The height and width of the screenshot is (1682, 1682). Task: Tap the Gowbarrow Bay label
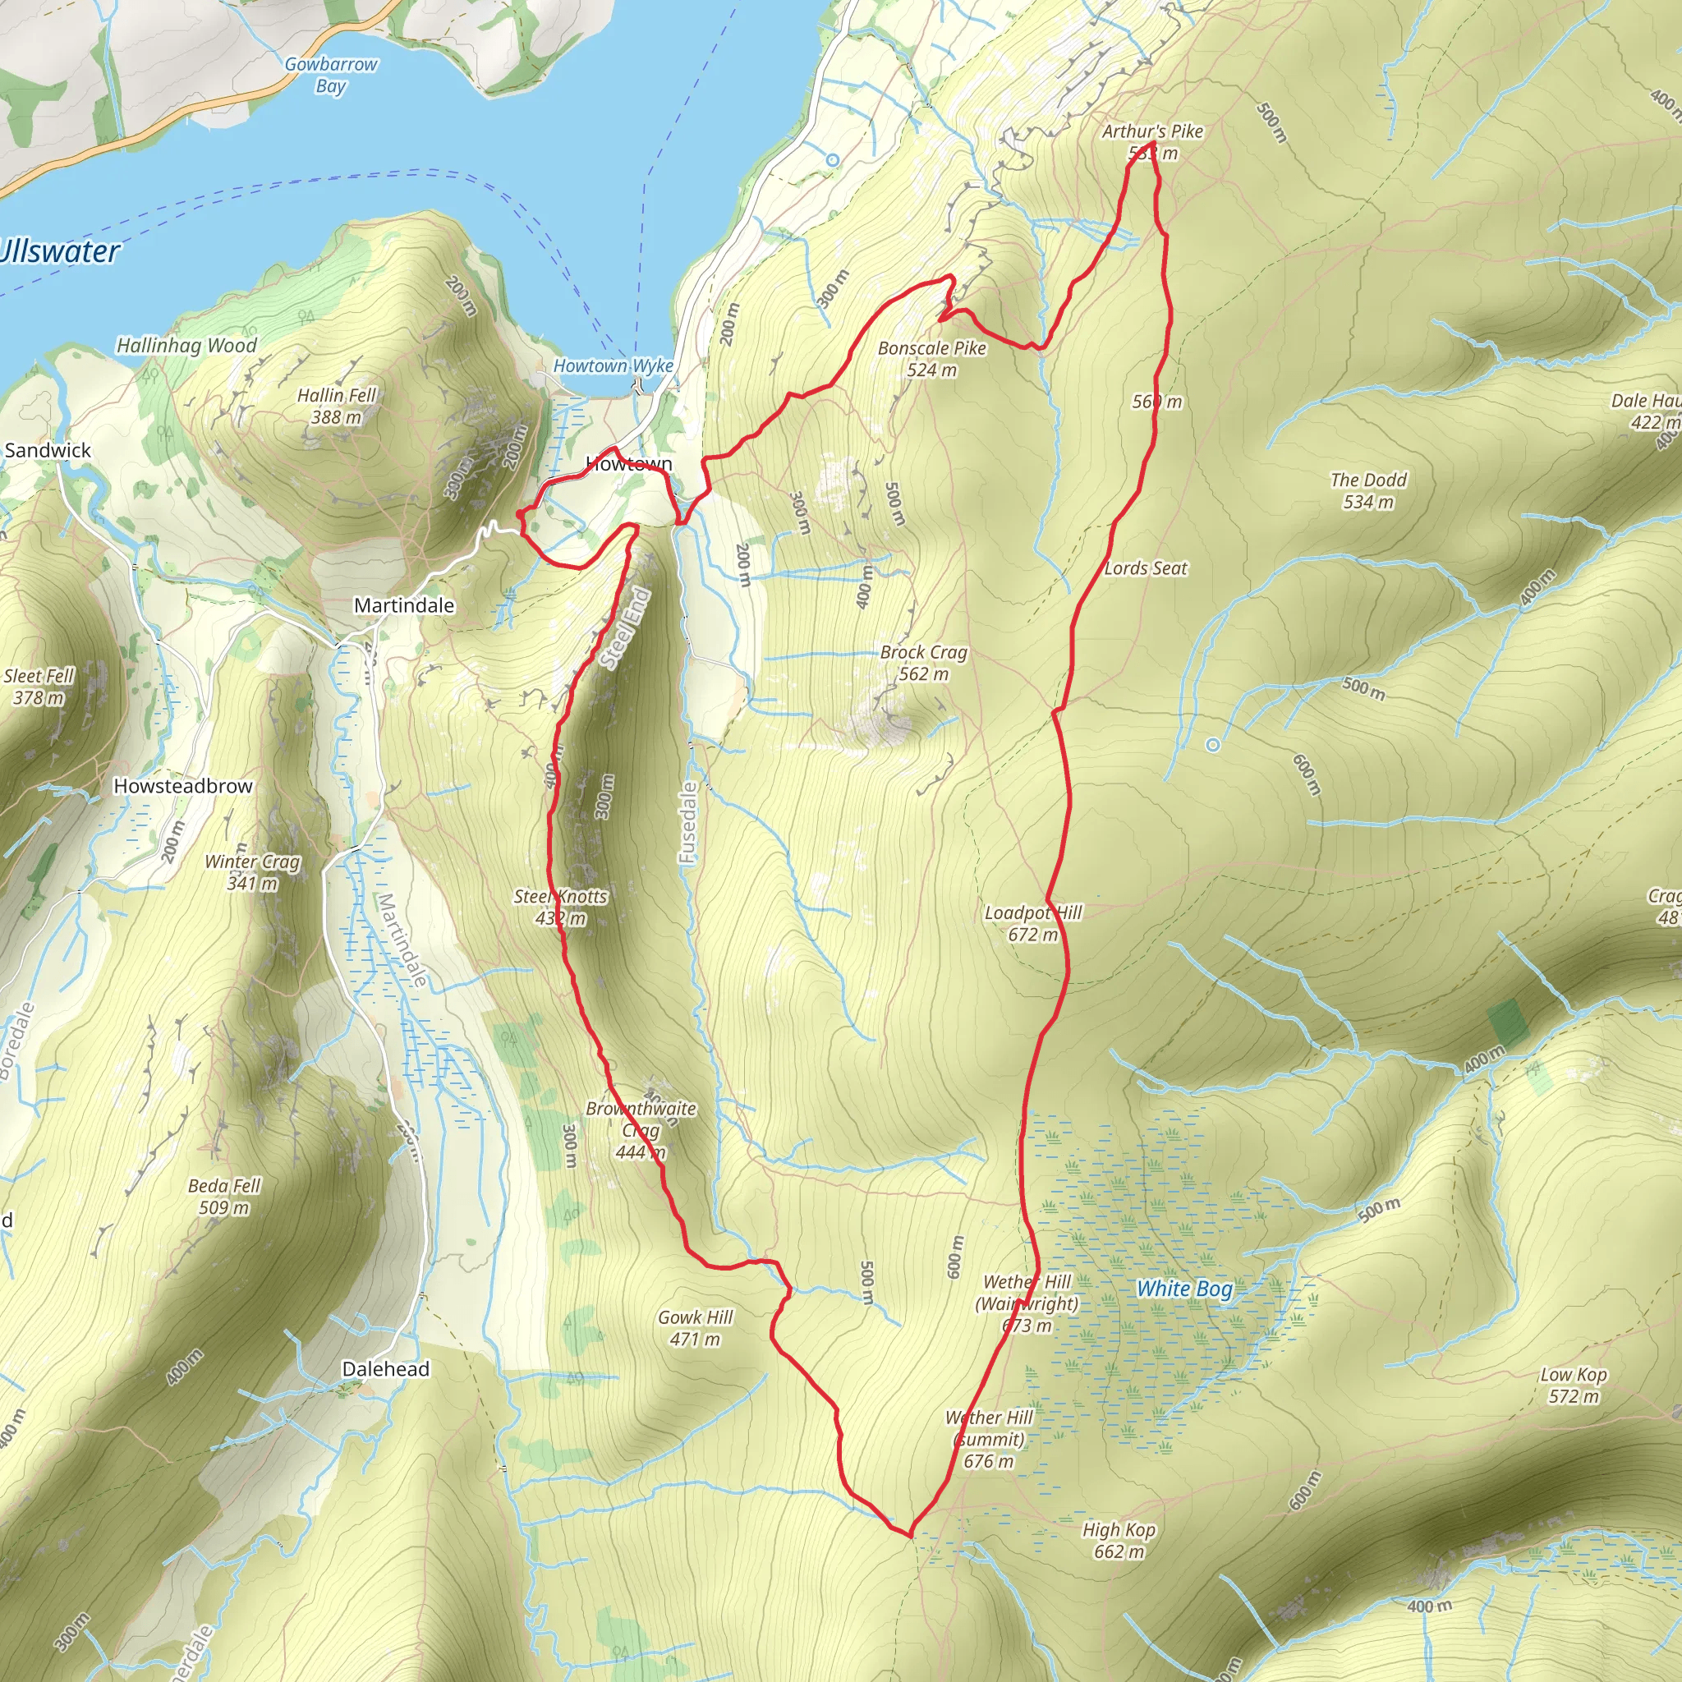331,75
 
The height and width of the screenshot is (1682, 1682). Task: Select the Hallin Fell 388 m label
337,406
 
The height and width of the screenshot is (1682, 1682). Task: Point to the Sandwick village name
48,450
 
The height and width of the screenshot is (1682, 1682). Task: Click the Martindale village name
404,605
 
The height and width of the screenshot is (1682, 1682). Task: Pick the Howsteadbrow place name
183,786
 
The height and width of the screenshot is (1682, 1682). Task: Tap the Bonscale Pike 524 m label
931,359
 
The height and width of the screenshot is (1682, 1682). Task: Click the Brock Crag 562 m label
924,663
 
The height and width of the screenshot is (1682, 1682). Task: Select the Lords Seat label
1146,568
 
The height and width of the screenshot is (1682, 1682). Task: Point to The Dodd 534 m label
1367,490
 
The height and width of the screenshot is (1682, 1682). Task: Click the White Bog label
1184,1289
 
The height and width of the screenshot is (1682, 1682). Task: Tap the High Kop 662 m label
1119,1540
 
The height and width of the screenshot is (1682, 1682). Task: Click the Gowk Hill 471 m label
695,1328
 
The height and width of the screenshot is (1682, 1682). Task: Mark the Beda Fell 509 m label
223,1196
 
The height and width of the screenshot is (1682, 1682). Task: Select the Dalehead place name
386,1369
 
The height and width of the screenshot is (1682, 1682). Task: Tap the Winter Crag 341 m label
252,872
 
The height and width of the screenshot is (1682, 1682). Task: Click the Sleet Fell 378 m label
39,686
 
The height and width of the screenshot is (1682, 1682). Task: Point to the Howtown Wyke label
614,365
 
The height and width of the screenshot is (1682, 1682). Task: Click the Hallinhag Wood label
187,346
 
